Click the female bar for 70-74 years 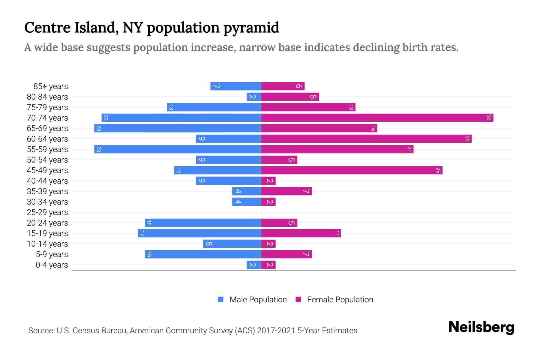tap(377, 118)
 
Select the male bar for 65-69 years tap(178, 128)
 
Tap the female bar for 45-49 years tap(352, 170)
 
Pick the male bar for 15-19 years tap(199, 233)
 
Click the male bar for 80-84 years tap(254, 97)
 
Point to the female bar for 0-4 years tap(268, 265)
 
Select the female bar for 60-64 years tap(366, 139)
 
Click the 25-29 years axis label tap(47, 212)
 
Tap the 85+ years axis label tap(51, 86)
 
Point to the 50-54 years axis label tap(47, 160)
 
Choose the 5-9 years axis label tap(52, 254)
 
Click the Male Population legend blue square tap(221, 299)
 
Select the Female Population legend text tap(340, 300)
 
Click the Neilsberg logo tap(481, 327)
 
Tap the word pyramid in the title tap(251, 28)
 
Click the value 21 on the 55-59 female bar tap(409, 149)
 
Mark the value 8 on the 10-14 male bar tap(209, 244)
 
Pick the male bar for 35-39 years tap(247, 191)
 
